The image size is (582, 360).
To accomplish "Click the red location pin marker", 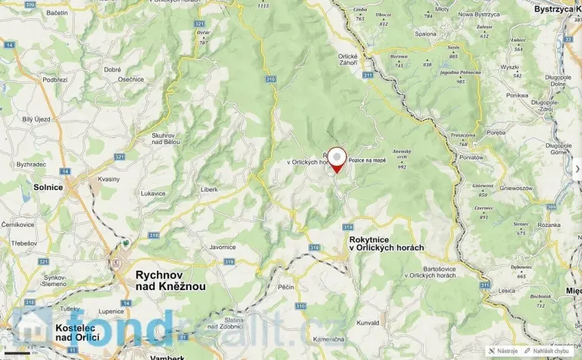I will (x=337, y=158).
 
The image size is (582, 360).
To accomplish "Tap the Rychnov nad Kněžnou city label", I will (x=170, y=280).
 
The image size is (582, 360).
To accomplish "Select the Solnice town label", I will (x=48, y=187).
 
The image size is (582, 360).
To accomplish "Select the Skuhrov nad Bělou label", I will (x=165, y=138).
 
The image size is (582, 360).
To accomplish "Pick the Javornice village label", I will (x=221, y=247).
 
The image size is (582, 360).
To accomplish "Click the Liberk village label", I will (x=208, y=188).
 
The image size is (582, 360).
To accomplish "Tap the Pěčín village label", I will (x=287, y=286).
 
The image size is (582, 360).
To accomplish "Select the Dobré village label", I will (x=112, y=69).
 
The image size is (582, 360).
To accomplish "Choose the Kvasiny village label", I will (x=108, y=178).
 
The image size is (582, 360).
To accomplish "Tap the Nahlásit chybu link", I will (x=550, y=351).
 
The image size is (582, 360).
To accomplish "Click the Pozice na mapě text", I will (x=367, y=161).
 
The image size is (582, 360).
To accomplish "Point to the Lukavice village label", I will (x=153, y=193).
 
